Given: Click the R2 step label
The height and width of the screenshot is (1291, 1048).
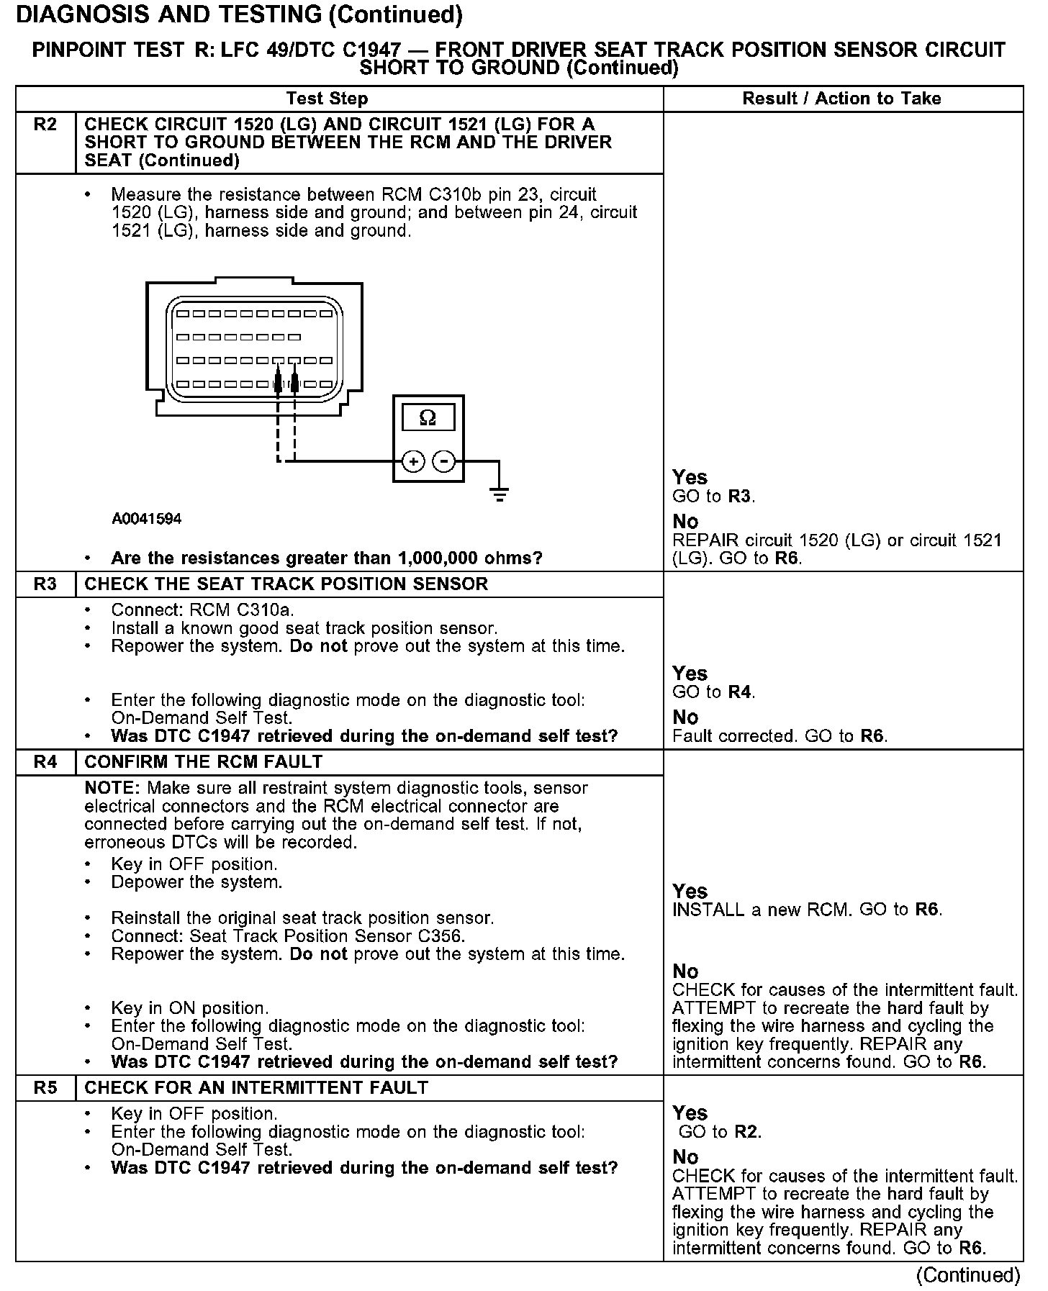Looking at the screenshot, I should point(45,125).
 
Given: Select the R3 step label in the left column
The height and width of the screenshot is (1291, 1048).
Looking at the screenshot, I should point(45,584).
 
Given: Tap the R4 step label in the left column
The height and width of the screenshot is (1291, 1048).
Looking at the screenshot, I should point(45,762).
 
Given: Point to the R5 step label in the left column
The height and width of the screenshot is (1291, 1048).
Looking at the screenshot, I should point(45,1088).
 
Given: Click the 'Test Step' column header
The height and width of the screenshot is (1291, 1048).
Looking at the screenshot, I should point(327,99).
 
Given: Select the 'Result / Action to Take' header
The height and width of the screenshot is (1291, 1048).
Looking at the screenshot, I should point(841,99).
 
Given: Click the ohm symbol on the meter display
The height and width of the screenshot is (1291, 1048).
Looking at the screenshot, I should point(428,418).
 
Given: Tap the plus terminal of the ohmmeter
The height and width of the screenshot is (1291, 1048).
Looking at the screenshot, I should point(413,461).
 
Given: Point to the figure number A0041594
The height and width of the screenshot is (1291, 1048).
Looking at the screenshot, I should point(147,519).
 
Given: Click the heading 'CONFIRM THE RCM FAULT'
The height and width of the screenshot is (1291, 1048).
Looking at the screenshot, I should point(204,762).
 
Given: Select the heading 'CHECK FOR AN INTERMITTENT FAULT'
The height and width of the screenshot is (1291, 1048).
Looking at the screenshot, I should point(256,1088).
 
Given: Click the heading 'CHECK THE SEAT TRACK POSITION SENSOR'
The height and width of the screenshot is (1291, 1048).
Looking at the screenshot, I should point(286,584).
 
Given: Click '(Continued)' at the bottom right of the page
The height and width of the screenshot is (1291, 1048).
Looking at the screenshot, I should point(968,1275).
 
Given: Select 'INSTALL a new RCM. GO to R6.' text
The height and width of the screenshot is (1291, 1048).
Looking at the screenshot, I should point(807,910).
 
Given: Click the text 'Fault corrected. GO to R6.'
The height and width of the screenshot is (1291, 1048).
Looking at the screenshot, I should point(780,736).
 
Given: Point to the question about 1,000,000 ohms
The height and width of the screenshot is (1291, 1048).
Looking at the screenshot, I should point(326,558).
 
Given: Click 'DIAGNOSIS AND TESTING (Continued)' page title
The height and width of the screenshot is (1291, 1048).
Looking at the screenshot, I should point(239,14).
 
